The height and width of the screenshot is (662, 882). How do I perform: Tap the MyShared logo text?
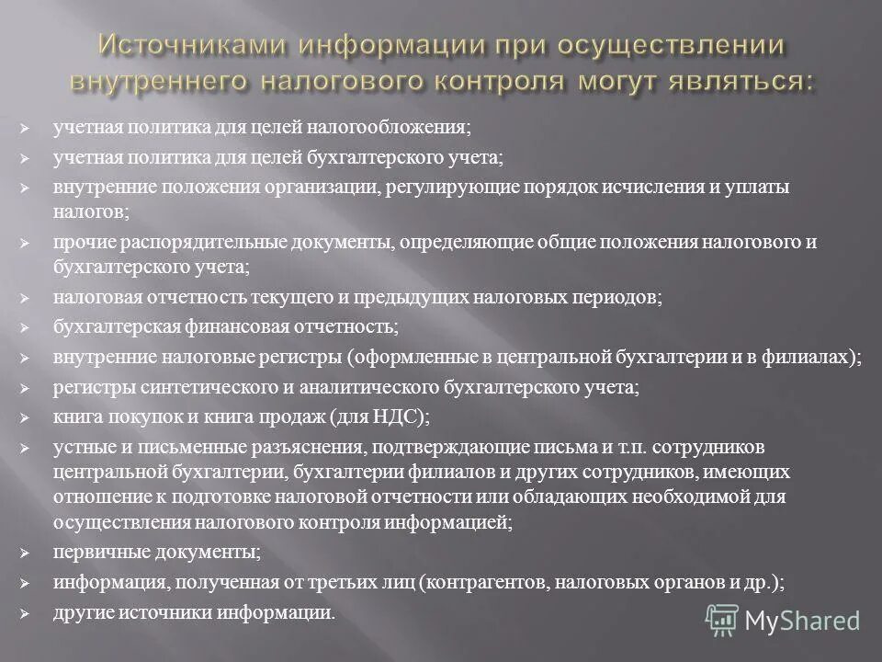(x=802, y=621)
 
